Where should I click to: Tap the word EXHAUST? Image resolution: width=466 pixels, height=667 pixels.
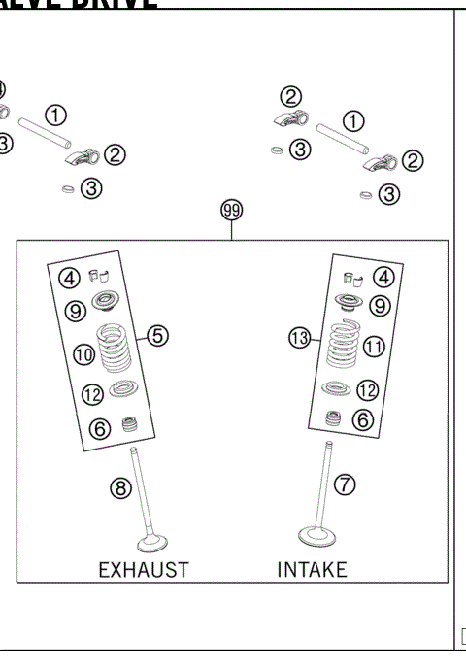pos(143,568)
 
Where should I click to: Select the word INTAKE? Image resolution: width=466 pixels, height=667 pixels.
pos(312,568)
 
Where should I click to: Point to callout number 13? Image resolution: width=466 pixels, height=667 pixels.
pos(301,337)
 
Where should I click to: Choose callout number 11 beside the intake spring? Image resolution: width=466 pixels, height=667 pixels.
pos(374,347)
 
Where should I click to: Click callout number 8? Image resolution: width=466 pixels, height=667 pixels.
pos(120,488)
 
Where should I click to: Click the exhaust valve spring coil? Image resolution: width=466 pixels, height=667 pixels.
pos(116,348)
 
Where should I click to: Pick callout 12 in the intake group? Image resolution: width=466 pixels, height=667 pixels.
pos(367,390)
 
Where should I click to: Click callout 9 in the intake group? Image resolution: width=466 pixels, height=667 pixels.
pos(380,306)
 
